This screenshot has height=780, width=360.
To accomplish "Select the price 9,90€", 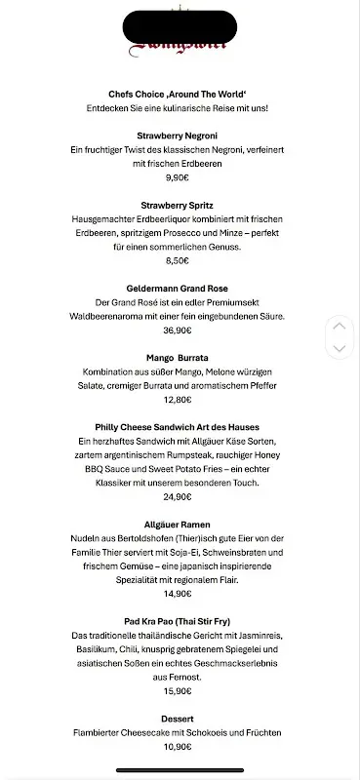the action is point(177,177).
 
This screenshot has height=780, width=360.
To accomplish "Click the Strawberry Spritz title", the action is point(177,206).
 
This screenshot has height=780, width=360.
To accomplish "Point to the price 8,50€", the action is point(177,261).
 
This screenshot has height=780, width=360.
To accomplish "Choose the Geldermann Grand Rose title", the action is point(177,290).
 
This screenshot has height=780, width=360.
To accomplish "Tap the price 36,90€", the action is point(177,331).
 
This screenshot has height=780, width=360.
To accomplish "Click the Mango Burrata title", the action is point(177,358).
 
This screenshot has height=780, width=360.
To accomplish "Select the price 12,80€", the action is point(177,400).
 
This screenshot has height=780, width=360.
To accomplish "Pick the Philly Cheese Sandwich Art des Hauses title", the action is point(177,428).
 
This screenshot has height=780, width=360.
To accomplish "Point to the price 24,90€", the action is point(177,497).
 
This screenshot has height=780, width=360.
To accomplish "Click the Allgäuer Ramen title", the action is point(177,524).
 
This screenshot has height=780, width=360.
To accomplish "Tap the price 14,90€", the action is point(177,593).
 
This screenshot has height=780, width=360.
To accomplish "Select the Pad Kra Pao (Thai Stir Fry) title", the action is point(177,621).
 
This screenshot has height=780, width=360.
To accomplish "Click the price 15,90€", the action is point(177,690).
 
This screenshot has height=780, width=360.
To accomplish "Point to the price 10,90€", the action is point(177,746).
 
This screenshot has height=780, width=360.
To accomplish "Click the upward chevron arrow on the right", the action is point(339,326).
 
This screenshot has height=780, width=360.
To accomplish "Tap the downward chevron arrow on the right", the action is point(339,347).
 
